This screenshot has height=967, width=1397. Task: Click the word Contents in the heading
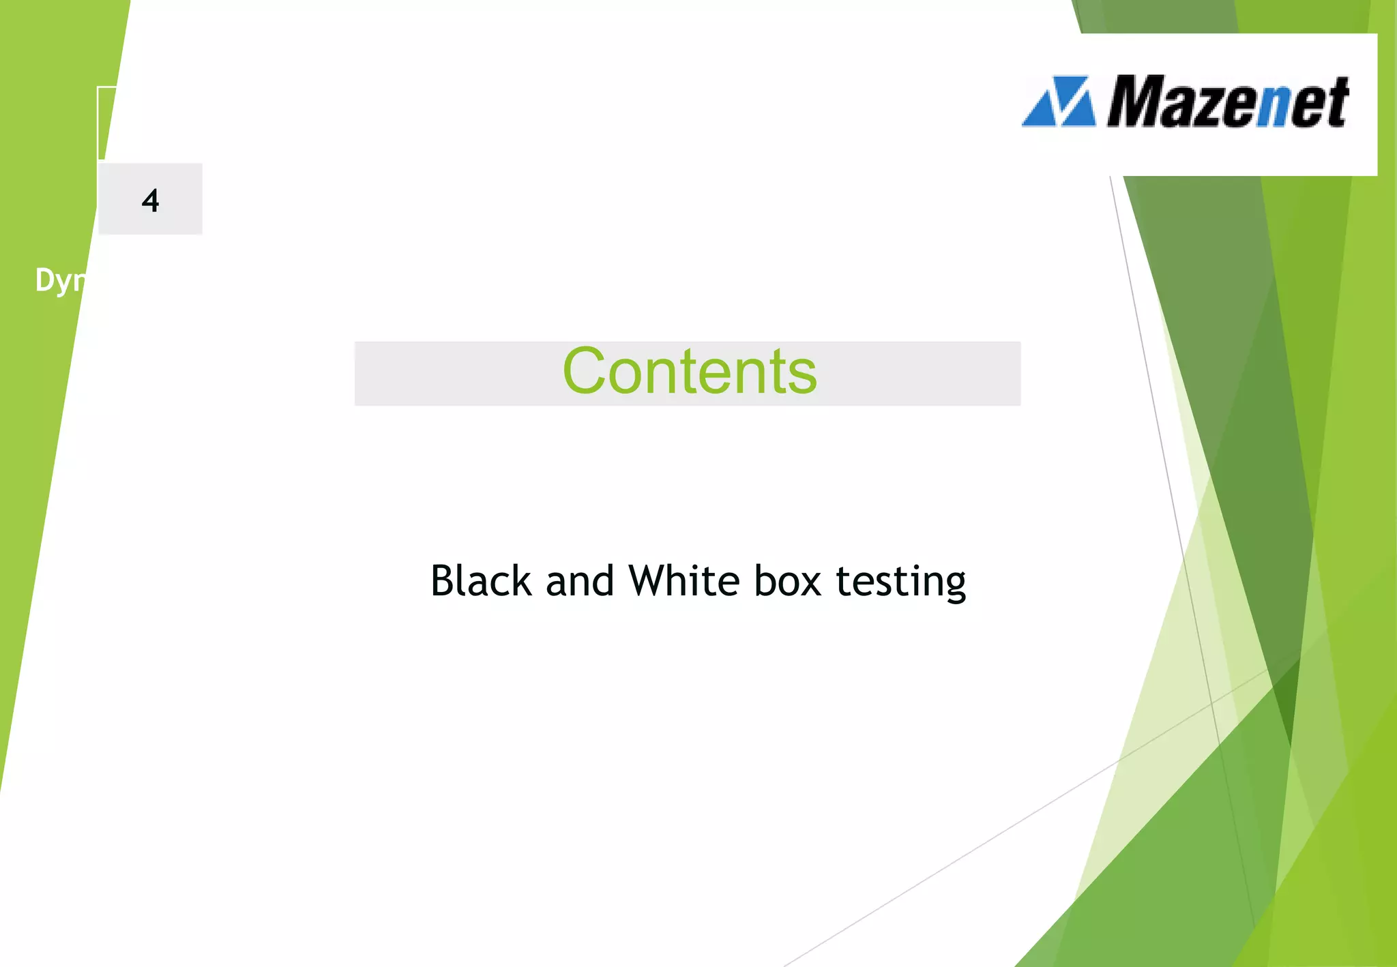[689, 372]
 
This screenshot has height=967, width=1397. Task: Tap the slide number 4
[150, 200]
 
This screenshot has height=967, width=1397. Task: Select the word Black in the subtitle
[481, 582]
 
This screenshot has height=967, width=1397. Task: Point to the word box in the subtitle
[787, 582]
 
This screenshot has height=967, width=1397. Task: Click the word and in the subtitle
[580, 582]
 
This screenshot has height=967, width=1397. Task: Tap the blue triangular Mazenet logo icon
[1059, 102]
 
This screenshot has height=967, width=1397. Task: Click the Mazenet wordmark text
[1228, 102]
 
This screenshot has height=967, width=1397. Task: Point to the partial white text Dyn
[60, 280]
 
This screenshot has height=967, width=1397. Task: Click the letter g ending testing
[953, 586]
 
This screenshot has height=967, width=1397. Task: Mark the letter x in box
[810, 584]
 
